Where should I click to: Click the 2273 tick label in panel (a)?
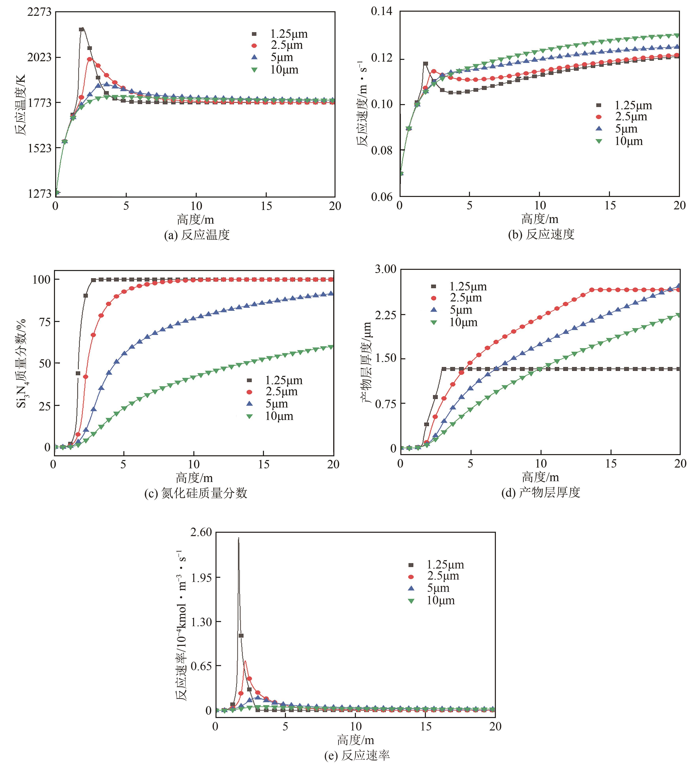click(x=39, y=12)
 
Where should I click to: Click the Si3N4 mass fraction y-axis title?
click(x=22, y=363)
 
